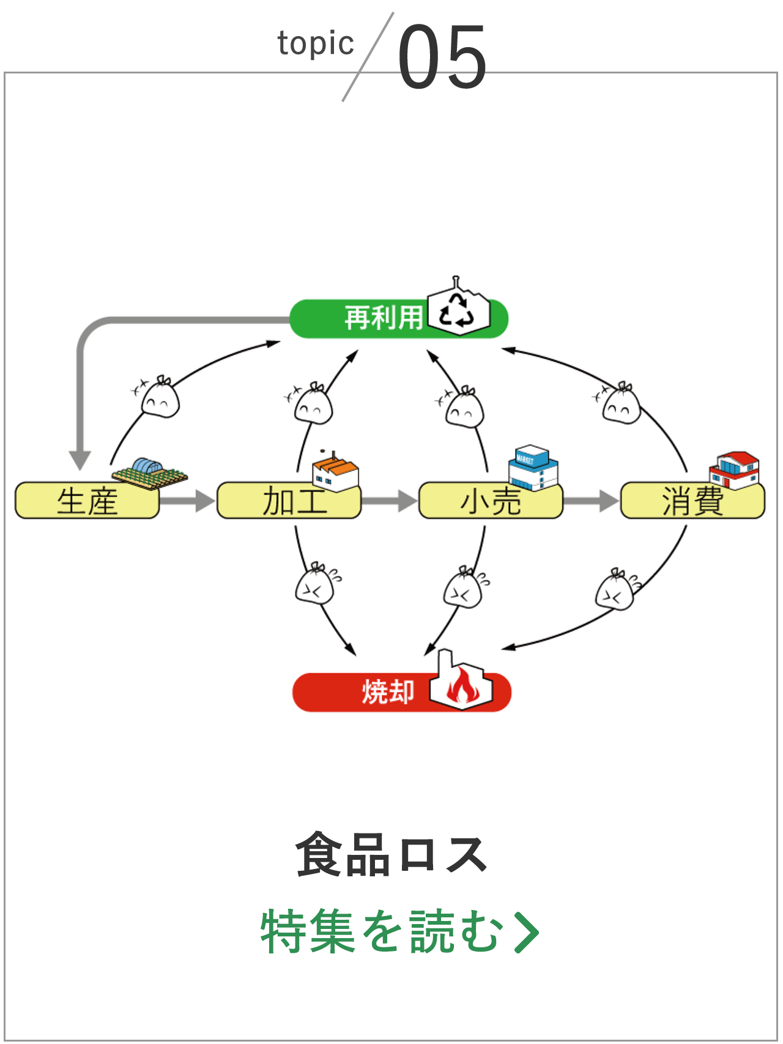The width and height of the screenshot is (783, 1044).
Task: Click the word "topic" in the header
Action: pyautogui.click(x=316, y=44)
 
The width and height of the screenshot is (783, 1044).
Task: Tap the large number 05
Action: pyautogui.click(x=442, y=56)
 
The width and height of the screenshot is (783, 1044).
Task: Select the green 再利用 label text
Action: pyautogui.click(x=383, y=318)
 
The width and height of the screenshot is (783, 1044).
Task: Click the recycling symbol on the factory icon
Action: pyautogui.click(x=458, y=310)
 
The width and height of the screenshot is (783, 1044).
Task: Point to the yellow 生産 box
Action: pyautogui.click(x=87, y=501)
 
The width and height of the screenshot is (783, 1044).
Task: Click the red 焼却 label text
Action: pyautogui.click(x=388, y=692)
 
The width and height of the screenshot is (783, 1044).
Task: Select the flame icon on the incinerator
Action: pyautogui.click(x=462, y=687)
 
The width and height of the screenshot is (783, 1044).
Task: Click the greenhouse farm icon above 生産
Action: pyautogui.click(x=149, y=472)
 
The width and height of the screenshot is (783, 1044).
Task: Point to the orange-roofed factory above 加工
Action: pyautogui.click(x=335, y=473)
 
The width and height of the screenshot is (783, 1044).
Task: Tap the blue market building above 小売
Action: pyautogui.click(x=533, y=468)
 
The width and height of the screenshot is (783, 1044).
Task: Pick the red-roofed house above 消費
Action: pyautogui.click(x=735, y=470)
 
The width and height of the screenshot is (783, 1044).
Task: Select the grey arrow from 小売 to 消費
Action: pyautogui.click(x=591, y=501)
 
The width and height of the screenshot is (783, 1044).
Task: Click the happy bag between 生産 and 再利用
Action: pyautogui.click(x=160, y=398)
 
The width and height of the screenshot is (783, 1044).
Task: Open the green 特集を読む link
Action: pyautogui.click(x=399, y=931)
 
